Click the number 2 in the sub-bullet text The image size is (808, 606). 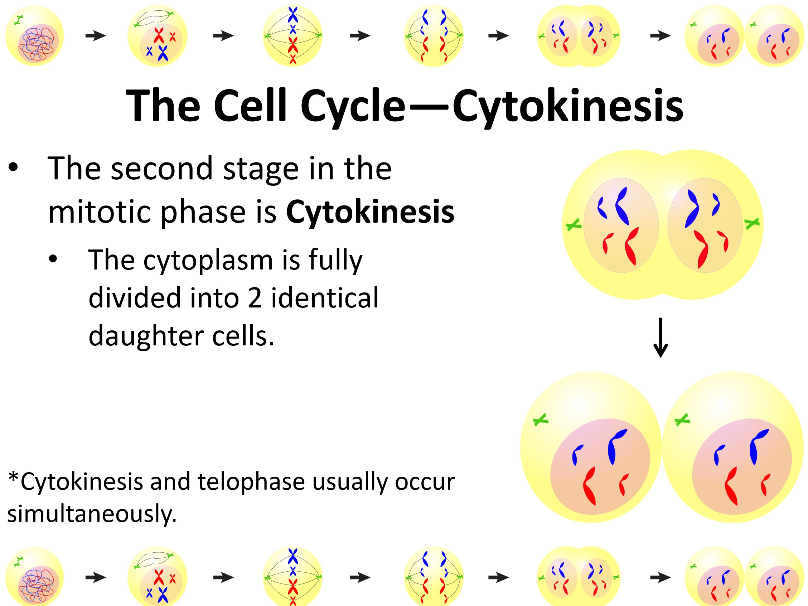tap(255, 298)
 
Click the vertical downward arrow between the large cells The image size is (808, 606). tap(661, 338)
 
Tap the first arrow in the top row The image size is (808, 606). tap(95, 35)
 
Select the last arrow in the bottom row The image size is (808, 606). tap(661, 577)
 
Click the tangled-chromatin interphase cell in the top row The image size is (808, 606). tap(35, 35)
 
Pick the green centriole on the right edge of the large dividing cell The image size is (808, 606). tap(752, 223)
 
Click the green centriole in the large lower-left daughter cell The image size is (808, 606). tap(540, 420)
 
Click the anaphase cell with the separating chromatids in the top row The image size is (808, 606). tap(434, 35)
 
